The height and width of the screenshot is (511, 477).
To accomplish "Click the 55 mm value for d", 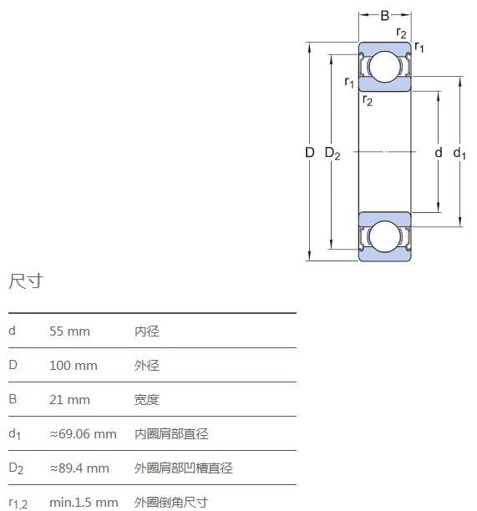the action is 69,331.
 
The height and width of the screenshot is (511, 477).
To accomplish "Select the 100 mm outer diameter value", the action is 73,366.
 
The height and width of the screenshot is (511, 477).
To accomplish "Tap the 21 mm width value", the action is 69,400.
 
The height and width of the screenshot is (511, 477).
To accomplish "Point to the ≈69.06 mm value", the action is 83,434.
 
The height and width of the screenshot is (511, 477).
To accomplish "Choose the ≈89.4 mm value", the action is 79,468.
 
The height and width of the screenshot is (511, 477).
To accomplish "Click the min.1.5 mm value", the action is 84,502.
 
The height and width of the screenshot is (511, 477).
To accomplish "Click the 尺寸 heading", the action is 26,281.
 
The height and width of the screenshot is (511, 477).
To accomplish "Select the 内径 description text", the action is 147,331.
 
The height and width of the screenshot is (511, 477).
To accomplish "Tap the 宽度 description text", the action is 147,400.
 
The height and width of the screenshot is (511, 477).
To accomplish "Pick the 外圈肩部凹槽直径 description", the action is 184,468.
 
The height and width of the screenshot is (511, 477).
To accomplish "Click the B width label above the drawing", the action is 385,15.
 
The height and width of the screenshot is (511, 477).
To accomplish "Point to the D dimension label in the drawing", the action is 310,152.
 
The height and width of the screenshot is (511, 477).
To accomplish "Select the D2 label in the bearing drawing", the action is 332,153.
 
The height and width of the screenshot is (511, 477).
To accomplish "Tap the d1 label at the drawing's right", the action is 459,153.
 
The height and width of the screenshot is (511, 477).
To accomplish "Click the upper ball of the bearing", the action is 385,67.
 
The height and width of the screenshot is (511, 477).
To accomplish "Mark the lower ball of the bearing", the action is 385,236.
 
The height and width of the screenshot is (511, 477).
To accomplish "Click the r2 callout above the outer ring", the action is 401,33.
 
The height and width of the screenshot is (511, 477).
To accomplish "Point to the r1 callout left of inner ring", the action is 349,82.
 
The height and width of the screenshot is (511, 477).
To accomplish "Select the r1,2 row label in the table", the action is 18,503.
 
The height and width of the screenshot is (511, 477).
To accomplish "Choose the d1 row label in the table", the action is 15,434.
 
